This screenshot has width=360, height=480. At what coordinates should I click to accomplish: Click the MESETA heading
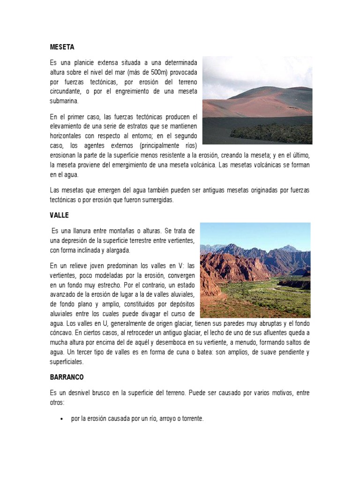click(x=62, y=47)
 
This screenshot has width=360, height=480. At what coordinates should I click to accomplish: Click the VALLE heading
click(x=59, y=215)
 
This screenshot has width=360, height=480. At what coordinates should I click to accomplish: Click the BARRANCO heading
click(x=67, y=377)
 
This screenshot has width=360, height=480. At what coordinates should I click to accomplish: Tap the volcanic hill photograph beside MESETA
click(x=257, y=100)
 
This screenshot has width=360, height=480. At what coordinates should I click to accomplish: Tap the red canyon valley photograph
click(x=255, y=270)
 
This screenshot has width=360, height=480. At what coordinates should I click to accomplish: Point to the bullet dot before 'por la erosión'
click(x=62, y=419)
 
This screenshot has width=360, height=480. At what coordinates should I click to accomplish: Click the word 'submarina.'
click(x=65, y=100)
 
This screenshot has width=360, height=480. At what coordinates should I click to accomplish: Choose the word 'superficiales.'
click(x=67, y=362)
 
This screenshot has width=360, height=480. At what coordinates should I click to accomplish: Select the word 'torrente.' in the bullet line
click(x=193, y=419)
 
